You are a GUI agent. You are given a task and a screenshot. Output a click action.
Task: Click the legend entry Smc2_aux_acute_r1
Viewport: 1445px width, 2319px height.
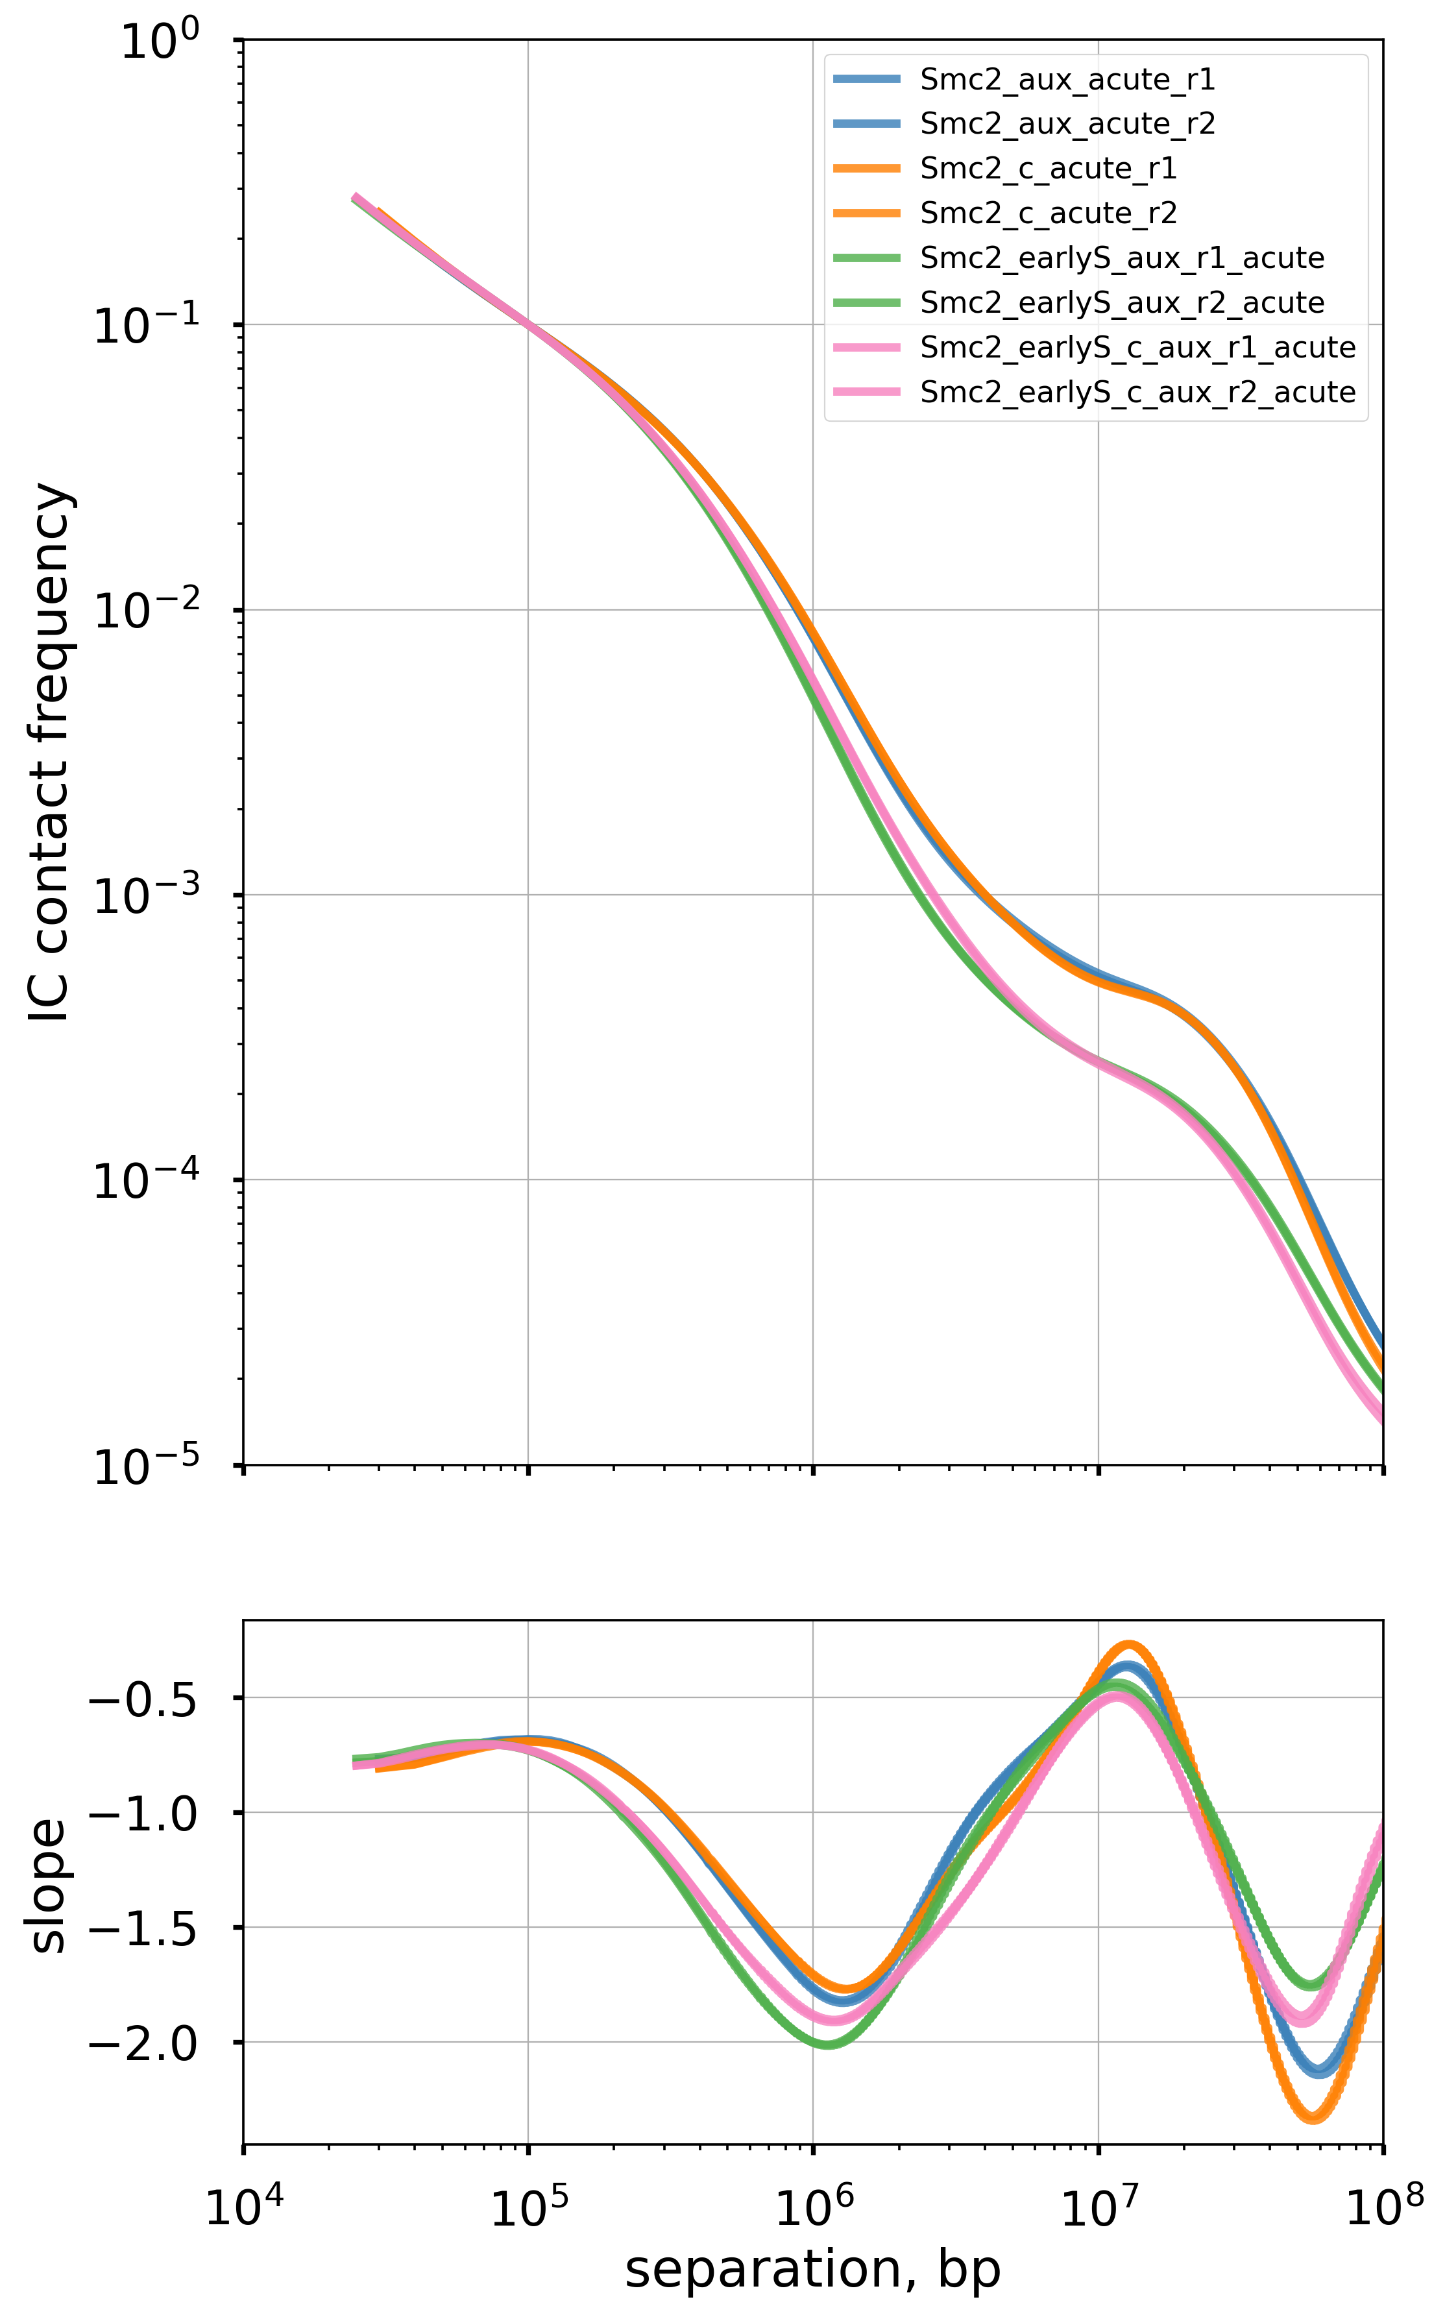pos(1067,79)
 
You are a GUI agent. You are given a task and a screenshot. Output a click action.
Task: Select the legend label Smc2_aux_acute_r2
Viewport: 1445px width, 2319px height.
pos(1067,124)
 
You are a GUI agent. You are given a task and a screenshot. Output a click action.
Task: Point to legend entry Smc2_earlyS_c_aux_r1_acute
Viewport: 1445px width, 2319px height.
pos(1137,348)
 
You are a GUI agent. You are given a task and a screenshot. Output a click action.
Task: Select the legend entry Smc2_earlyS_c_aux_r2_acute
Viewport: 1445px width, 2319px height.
pos(1137,393)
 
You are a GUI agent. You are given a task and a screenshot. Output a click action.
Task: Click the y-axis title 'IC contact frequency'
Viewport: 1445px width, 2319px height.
pos(50,755)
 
